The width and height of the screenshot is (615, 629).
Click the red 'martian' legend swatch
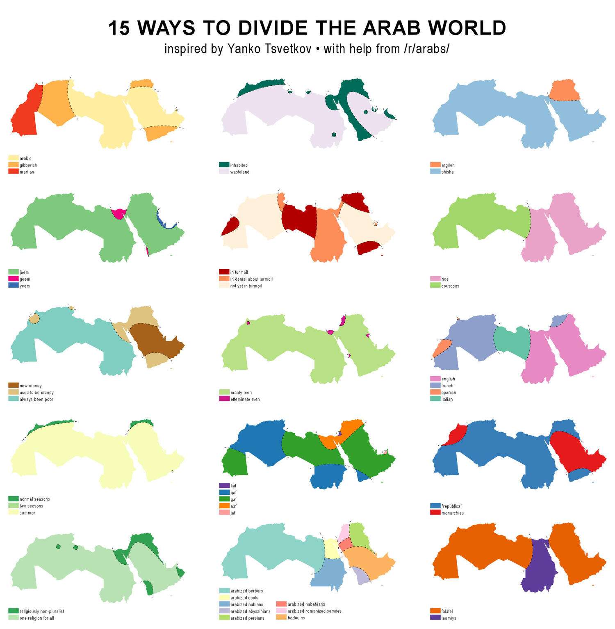(13, 172)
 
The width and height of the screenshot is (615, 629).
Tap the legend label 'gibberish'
(28, 165)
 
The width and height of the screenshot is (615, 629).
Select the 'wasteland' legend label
(239, 172)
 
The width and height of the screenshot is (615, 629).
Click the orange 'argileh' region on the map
(564, 91)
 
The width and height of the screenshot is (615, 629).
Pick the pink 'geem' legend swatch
(13, 279)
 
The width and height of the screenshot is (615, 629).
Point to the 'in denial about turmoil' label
(251, 279)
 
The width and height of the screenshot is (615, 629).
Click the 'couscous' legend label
(450, 286)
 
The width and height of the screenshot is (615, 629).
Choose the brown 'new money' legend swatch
(13, 385)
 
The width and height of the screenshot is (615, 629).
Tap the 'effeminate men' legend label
(245, 399)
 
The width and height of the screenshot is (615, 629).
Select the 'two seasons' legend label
(31, 506)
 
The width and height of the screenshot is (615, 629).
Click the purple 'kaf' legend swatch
(224, 485)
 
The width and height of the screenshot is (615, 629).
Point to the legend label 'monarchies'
(452, 513)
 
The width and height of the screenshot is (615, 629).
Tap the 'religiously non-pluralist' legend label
(41, 611)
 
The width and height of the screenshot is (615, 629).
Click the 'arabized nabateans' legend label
(306, 604)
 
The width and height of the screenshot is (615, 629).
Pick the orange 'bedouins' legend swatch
(281, 618)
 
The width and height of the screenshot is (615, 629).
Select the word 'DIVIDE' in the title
(273, 28)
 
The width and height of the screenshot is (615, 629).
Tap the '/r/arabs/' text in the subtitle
(426, 49)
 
